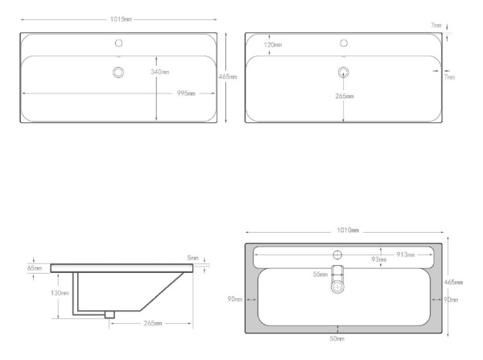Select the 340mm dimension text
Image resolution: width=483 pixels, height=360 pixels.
(x=160, y=72)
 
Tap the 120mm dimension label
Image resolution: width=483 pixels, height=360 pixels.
(x=273, y=45)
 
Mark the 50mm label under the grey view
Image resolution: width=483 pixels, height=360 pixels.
(x=339, y=340)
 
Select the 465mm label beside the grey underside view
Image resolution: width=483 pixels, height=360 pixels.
(x=454, y=283)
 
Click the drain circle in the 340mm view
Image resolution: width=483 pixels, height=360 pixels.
(x=119, y=72)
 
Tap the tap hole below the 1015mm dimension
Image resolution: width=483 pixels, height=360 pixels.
(x=119, y=43)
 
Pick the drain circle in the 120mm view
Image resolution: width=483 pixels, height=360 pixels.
(x=344, y=72)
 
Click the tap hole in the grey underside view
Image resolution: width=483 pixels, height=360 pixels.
(x=339, y=255)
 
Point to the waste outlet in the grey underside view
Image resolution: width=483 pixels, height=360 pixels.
(x=339, y=283)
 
